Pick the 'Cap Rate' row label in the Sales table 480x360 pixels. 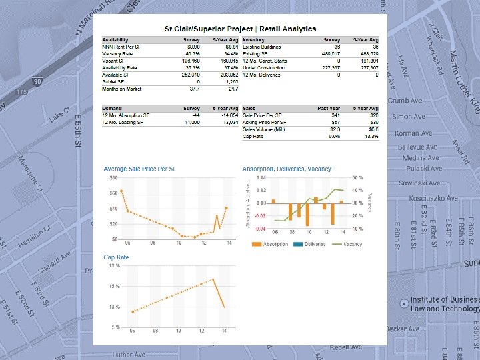point(253,135)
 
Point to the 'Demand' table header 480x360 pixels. point(111,108)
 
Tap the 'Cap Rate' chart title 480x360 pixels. point(116,257)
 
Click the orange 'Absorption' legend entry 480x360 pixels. point(272,244)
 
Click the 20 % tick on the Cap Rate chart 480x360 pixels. point(114,265)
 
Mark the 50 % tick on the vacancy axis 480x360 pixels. point(357,178)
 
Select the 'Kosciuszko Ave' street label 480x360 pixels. point(434,198)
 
